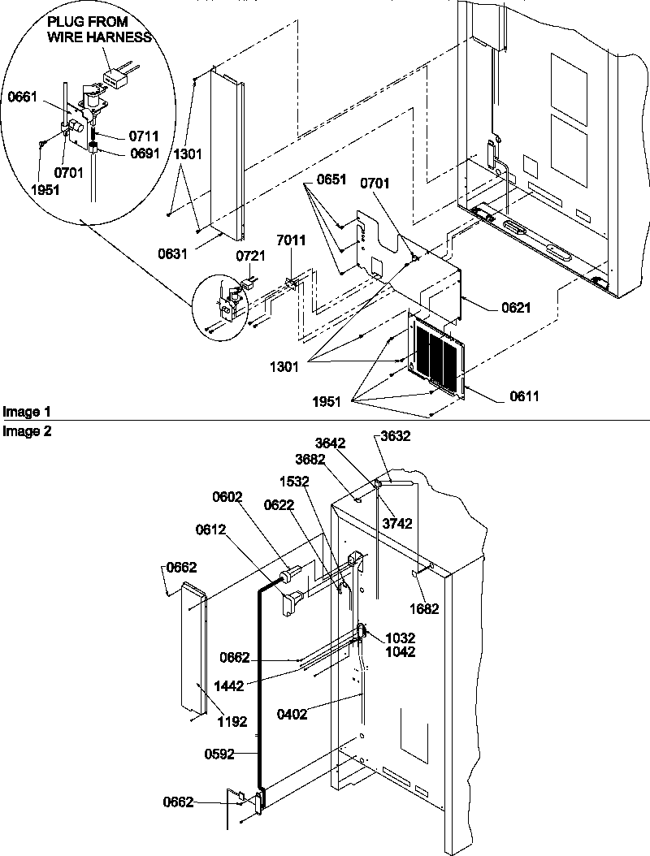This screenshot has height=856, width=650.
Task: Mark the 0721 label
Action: click(249, 256)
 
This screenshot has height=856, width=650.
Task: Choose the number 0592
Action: click(220, 754)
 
